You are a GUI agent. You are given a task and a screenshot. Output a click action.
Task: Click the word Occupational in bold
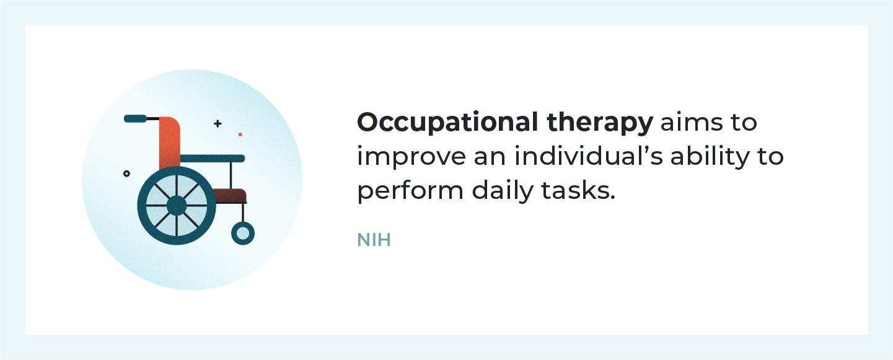tap(447, 123)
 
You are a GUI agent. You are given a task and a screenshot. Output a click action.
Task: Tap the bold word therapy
tap(600, 123)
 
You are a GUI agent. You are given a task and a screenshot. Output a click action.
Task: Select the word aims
tap(691, 123)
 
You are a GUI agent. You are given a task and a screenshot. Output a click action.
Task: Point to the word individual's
tap(589, 156)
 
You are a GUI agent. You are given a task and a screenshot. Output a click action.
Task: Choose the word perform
tap(410, 191)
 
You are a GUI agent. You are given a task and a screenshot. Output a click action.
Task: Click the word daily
tap(503, 191)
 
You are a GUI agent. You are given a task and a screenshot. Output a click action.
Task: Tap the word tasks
tap(578, 191)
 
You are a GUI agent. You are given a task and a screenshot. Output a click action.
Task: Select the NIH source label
tap(374, 240)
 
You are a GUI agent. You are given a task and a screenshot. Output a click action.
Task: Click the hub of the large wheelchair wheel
tap(177, 206)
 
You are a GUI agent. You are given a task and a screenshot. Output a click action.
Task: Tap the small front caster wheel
tap(243, 234)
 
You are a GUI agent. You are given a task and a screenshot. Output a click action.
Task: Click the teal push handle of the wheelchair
tap(136, 118)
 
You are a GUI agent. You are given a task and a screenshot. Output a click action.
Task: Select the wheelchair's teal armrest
tap(213, 159)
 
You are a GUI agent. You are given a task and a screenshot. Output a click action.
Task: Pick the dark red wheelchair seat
tap(230, 195)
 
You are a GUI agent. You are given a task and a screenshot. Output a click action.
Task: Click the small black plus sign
tap(218, 123)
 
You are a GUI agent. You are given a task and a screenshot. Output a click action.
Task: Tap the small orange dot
tap(240, 134)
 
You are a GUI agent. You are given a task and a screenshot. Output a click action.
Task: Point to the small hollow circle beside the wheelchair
tap(126, 173)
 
